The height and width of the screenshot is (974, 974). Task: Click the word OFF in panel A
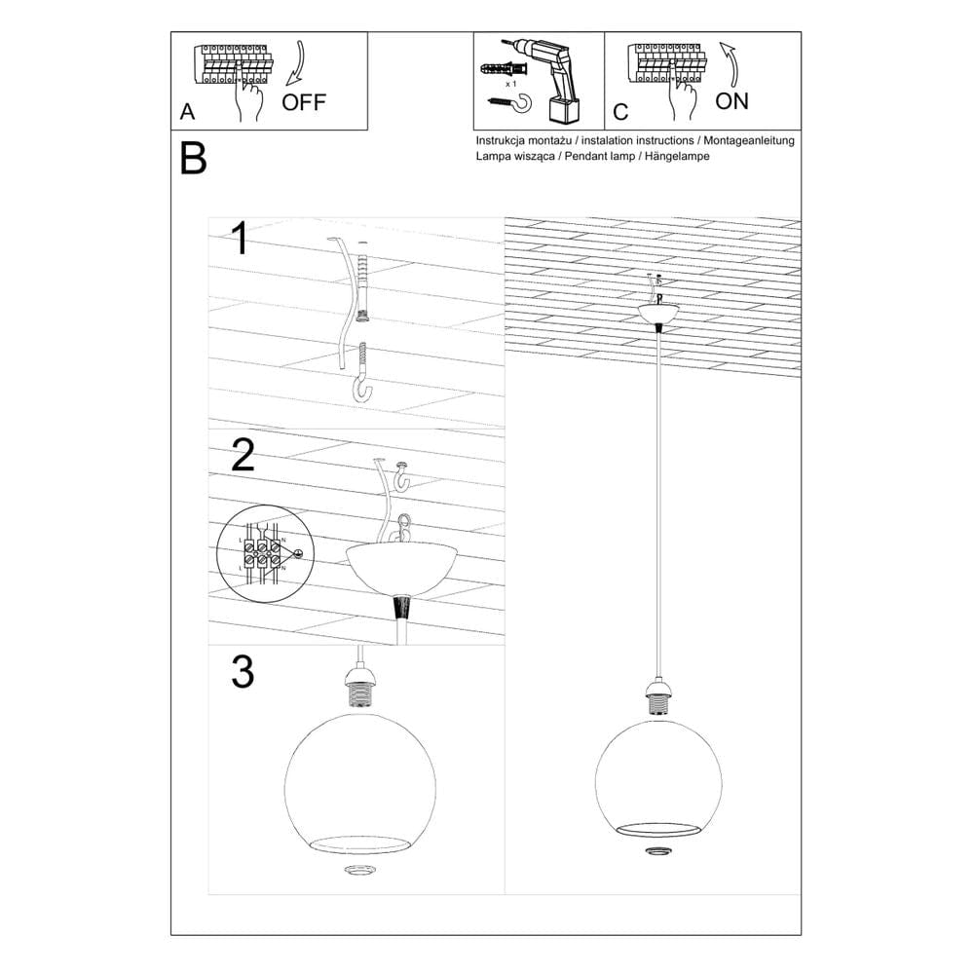[304, 102]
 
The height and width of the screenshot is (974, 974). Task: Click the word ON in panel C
[731, 100]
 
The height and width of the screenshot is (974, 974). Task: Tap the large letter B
[194, 160]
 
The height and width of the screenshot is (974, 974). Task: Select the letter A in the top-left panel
[187, 112]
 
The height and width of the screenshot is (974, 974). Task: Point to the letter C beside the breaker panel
[620, 112]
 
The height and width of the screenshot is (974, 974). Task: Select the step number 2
[243, 455]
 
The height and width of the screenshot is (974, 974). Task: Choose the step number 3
[243, 672]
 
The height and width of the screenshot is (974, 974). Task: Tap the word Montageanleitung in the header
[749, 140]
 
